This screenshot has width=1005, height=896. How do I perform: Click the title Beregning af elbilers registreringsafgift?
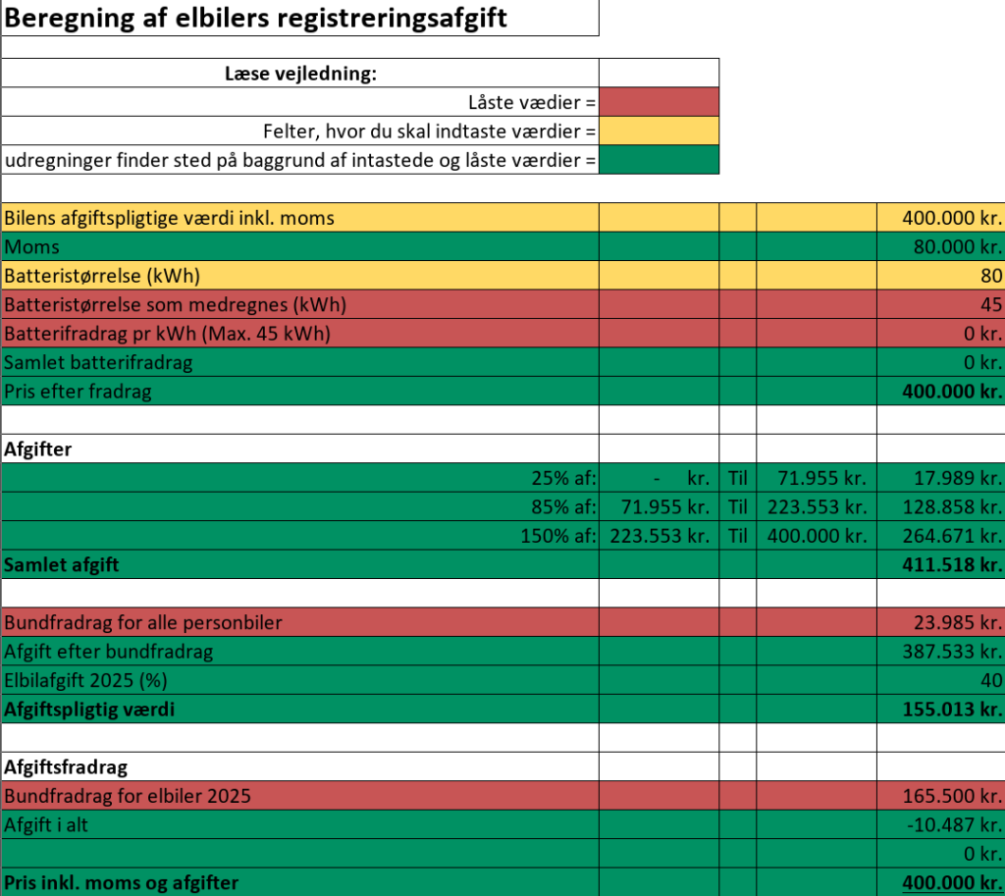point(256,18)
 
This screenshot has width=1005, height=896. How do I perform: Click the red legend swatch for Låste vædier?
point(659,102)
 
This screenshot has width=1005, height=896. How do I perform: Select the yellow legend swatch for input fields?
point(659,131)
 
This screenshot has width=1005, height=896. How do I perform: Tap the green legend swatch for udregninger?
point(659,159)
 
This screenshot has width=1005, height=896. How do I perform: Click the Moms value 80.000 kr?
point(957,247)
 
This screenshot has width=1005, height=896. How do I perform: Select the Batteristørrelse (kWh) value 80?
point(990,276)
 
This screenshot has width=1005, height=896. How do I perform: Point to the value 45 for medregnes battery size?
point(990,304)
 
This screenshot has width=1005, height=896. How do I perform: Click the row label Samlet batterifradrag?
point(98,362)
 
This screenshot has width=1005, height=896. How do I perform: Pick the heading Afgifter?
point(38,449)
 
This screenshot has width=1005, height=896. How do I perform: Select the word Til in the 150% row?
point(738,536)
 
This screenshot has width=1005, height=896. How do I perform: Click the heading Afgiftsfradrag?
point(67,766)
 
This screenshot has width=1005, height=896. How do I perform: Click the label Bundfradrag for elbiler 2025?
point(128,795)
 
